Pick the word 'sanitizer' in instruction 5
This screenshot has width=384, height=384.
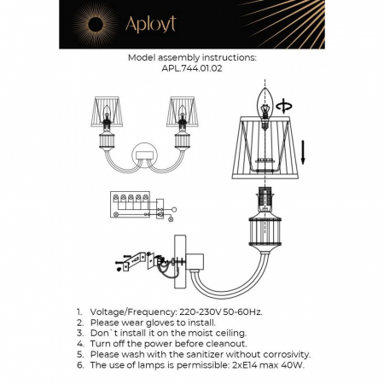coord(212,353)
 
